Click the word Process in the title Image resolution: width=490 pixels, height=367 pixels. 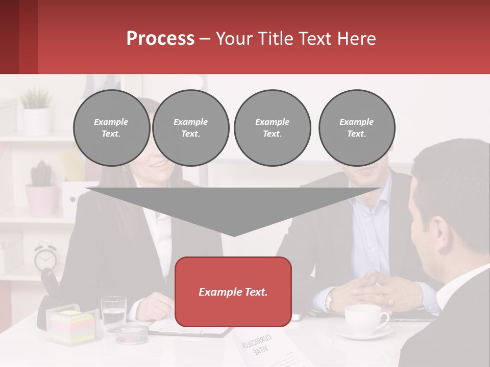pos(160,38)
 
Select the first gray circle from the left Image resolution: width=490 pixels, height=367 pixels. pos(111,128)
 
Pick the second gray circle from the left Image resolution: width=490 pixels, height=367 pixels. pos(190,128)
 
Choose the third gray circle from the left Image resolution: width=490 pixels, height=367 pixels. pos(272,128)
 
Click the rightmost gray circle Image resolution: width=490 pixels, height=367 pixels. pos(356,128)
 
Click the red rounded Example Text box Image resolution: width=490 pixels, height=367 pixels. pos(233,292)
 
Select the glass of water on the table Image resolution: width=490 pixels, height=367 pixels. pos(113,312)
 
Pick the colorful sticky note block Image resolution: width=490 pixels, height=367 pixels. pos(72,327)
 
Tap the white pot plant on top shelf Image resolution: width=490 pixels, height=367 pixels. pos(36,120)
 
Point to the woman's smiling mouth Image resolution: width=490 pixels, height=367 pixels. pos(159,165)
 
